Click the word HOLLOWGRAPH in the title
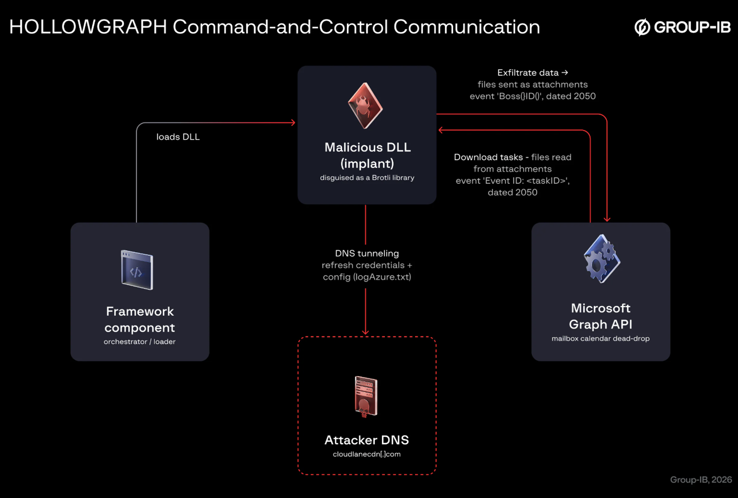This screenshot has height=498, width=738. [88, 27]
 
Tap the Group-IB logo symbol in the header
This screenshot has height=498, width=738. [642, 27]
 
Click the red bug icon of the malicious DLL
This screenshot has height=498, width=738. [365, 105]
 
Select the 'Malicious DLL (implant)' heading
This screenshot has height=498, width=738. [367, 155]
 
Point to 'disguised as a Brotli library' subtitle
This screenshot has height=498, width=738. [367, 178]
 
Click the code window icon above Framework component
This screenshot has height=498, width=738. [137, 270]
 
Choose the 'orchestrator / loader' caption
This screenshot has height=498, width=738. [140, 342]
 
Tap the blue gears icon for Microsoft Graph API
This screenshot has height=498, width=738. [602, 258]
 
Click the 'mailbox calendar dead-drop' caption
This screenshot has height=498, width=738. [601, 338]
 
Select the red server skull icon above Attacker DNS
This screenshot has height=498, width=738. [366, 397]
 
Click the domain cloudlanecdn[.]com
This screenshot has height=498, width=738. [367, 454]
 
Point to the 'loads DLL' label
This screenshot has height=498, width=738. [178, 137]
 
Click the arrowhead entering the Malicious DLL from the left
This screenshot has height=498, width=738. [293, 123]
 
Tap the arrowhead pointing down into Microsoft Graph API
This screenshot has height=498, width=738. [607, 219]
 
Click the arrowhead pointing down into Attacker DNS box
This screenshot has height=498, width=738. [365, 332]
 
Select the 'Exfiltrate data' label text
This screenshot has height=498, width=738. [528, 73]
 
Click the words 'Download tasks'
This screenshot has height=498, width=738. [488, 157]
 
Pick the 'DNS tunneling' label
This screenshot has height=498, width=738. [367, 253]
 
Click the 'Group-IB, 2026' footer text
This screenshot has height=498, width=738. [701, 480]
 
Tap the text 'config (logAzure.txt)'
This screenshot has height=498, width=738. [367, 277]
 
